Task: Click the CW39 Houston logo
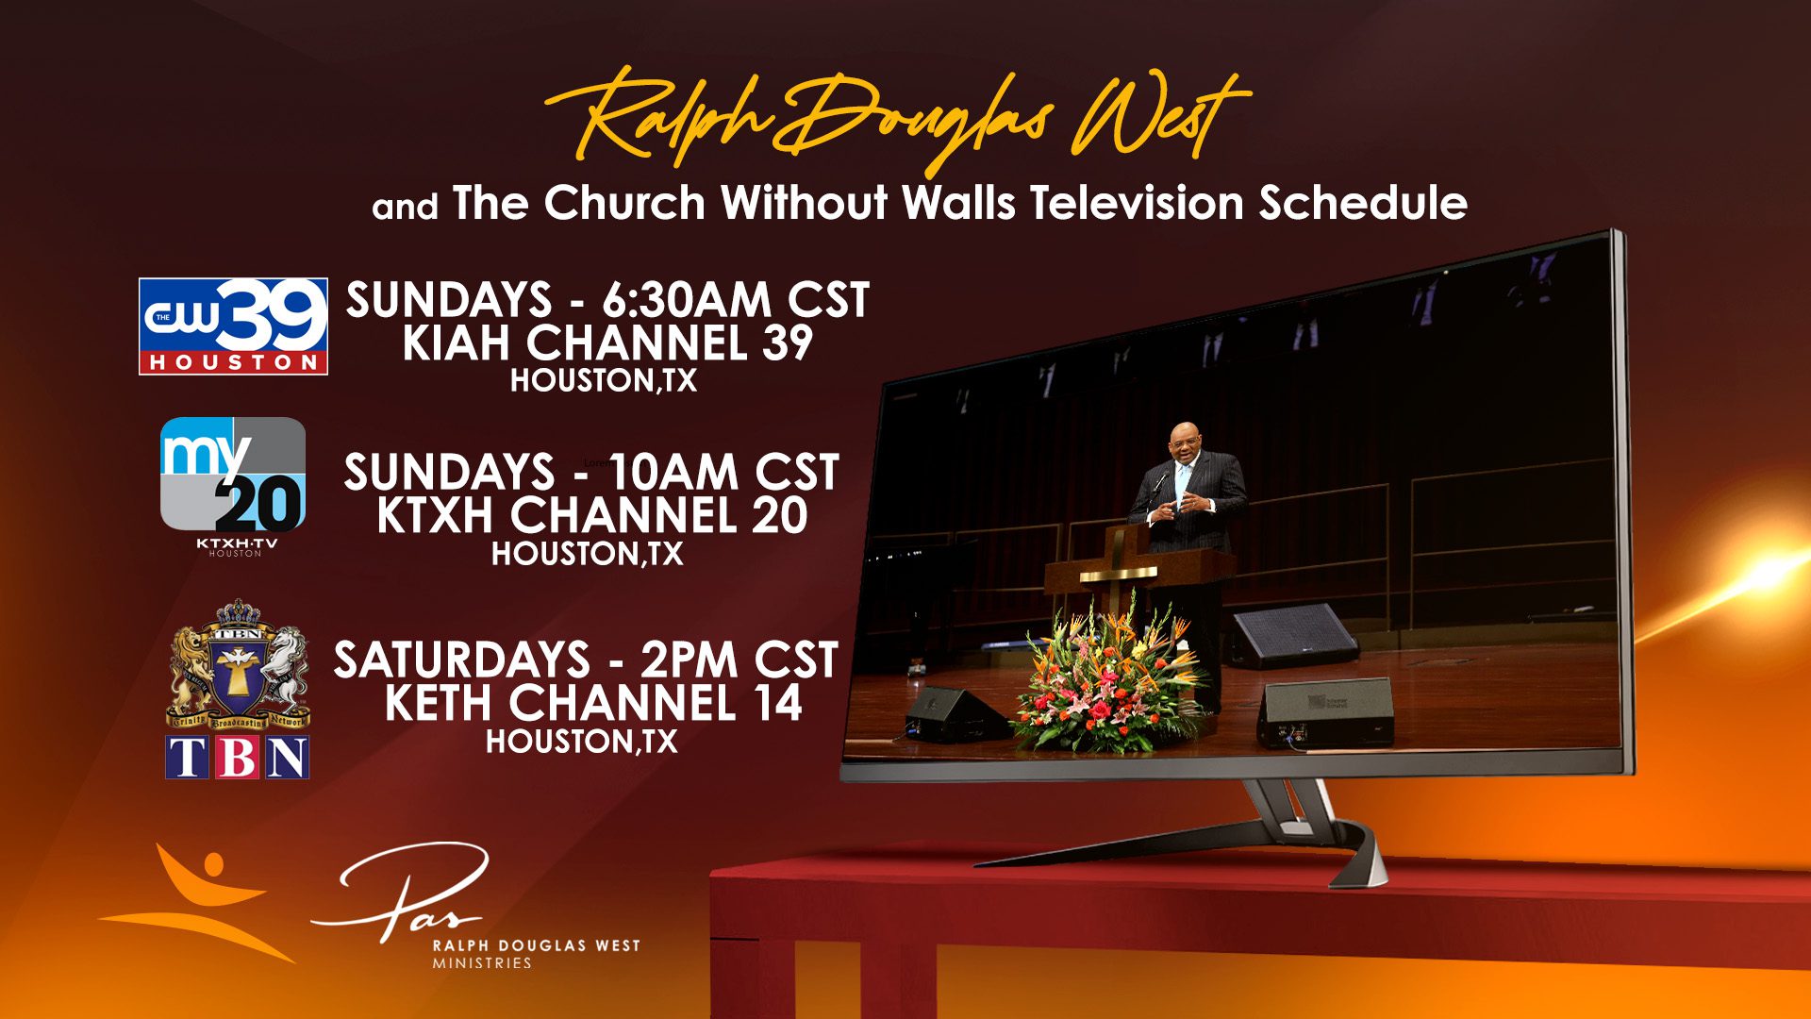233,326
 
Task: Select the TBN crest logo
238,689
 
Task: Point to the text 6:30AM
687,300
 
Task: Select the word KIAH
457,342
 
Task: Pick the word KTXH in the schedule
435,515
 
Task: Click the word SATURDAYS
461,660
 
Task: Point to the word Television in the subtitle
1137,203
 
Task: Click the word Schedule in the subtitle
1363,203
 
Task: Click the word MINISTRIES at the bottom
482,963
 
